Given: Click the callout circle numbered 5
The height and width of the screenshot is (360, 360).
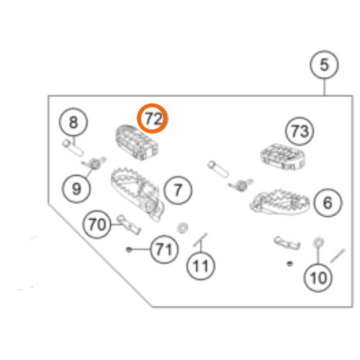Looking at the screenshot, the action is [x=324, y=65].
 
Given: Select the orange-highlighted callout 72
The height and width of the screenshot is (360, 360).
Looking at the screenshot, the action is [x=152, y=119].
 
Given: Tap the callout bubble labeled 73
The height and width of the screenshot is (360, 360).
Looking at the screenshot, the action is [x=300, y=131].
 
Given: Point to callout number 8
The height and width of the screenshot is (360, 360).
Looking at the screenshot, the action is [x=73, y=122].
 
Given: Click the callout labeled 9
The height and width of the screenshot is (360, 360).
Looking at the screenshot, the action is [x=76, y=189].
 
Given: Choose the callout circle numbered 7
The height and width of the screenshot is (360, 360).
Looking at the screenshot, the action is [x=178, y=190].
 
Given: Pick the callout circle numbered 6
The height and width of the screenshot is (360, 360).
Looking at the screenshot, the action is [x=328, y=202].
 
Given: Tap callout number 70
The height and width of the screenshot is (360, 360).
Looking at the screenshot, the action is [x=96, y=225].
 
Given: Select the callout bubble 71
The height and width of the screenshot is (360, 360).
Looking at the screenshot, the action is [x=164, y=249].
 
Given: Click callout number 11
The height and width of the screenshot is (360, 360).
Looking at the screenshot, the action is [x=201, y=266].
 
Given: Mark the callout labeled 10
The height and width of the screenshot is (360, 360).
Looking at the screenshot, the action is [x=318, y=278].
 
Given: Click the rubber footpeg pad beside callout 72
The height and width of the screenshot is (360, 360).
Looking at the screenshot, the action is [x=136, y=143].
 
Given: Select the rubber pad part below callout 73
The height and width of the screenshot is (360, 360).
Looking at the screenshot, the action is [x=283, y=156].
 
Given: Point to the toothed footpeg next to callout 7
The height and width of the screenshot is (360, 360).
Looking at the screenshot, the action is [x=138, y=194].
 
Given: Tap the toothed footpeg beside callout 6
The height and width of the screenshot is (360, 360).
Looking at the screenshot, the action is [x=279, y=202].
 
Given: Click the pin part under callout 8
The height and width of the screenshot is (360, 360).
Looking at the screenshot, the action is [x=73, y=148].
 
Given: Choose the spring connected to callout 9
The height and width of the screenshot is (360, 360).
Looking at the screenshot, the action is [x=94, y=163].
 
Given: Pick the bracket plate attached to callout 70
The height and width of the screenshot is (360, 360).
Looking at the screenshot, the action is [x=128, y=224].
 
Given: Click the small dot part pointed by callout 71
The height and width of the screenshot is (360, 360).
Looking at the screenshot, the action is [x=129, y=250].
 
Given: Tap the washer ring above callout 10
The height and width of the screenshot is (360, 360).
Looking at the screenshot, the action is [x=318, y=243].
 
